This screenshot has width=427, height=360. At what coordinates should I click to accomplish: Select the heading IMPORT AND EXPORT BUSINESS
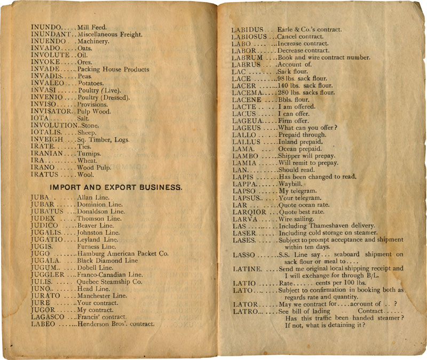116,188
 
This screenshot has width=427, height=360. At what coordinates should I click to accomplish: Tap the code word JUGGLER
47,275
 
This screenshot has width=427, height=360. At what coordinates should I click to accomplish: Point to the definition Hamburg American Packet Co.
123,254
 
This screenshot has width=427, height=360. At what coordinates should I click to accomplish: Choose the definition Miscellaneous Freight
109,35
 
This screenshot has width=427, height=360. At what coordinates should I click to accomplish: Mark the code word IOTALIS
46,133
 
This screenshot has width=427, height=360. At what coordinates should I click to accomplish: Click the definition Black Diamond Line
107,261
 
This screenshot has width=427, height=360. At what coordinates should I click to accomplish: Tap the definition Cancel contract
301,37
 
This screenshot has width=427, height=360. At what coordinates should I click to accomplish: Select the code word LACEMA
245,93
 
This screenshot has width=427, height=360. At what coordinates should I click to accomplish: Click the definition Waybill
291,183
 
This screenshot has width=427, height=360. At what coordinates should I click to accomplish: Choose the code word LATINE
247,269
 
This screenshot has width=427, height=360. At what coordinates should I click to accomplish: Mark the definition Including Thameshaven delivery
327,226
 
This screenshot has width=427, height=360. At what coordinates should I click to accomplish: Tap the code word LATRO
245,311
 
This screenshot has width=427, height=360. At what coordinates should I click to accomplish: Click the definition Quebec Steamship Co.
109,282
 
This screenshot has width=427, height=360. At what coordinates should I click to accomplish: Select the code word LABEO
43,324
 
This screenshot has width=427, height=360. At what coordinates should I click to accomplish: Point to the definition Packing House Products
113,69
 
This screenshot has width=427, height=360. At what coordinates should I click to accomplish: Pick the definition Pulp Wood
95,111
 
